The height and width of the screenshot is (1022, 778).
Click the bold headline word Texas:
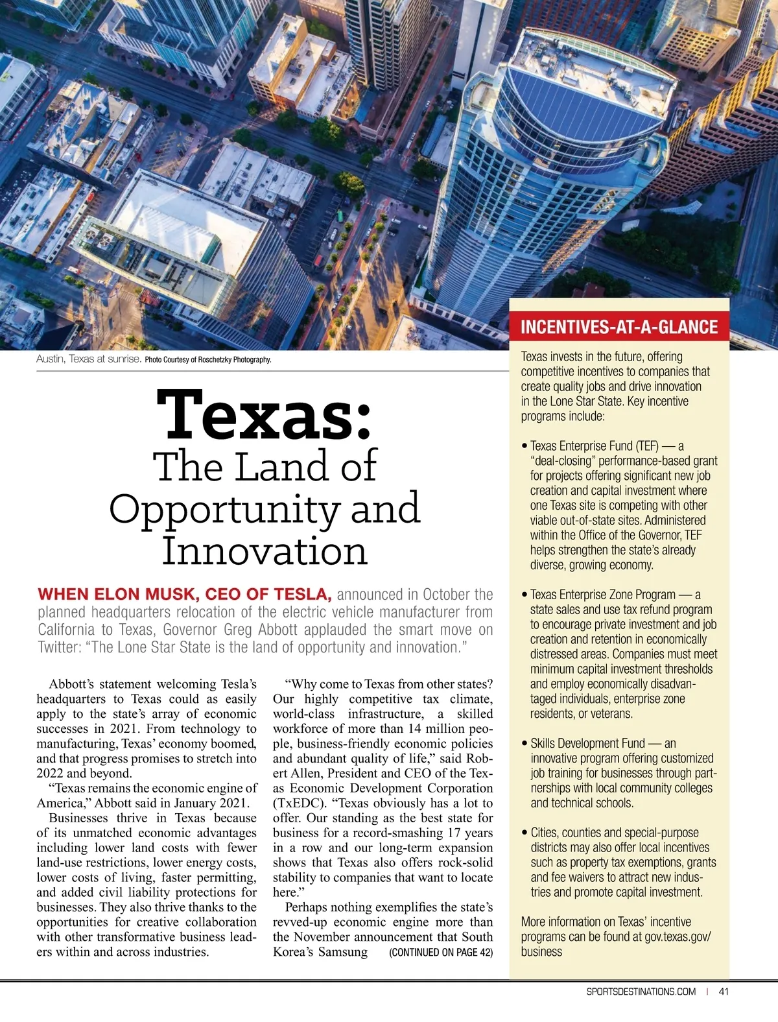[265, 414]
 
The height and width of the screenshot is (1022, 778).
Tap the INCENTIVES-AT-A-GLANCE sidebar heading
[619, 327]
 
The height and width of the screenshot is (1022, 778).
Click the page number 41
[724, 991]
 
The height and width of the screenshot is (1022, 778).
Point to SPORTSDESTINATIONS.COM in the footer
[641, 991]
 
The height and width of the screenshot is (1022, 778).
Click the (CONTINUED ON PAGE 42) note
[441, 952]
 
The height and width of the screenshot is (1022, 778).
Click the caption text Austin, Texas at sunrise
[89, 359]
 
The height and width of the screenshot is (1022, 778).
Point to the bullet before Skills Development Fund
[525, 744]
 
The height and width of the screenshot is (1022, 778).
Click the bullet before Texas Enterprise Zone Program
[525, 595]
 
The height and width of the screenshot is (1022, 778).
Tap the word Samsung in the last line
[343, 952]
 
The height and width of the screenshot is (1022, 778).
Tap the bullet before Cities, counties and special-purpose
[525, 833]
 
